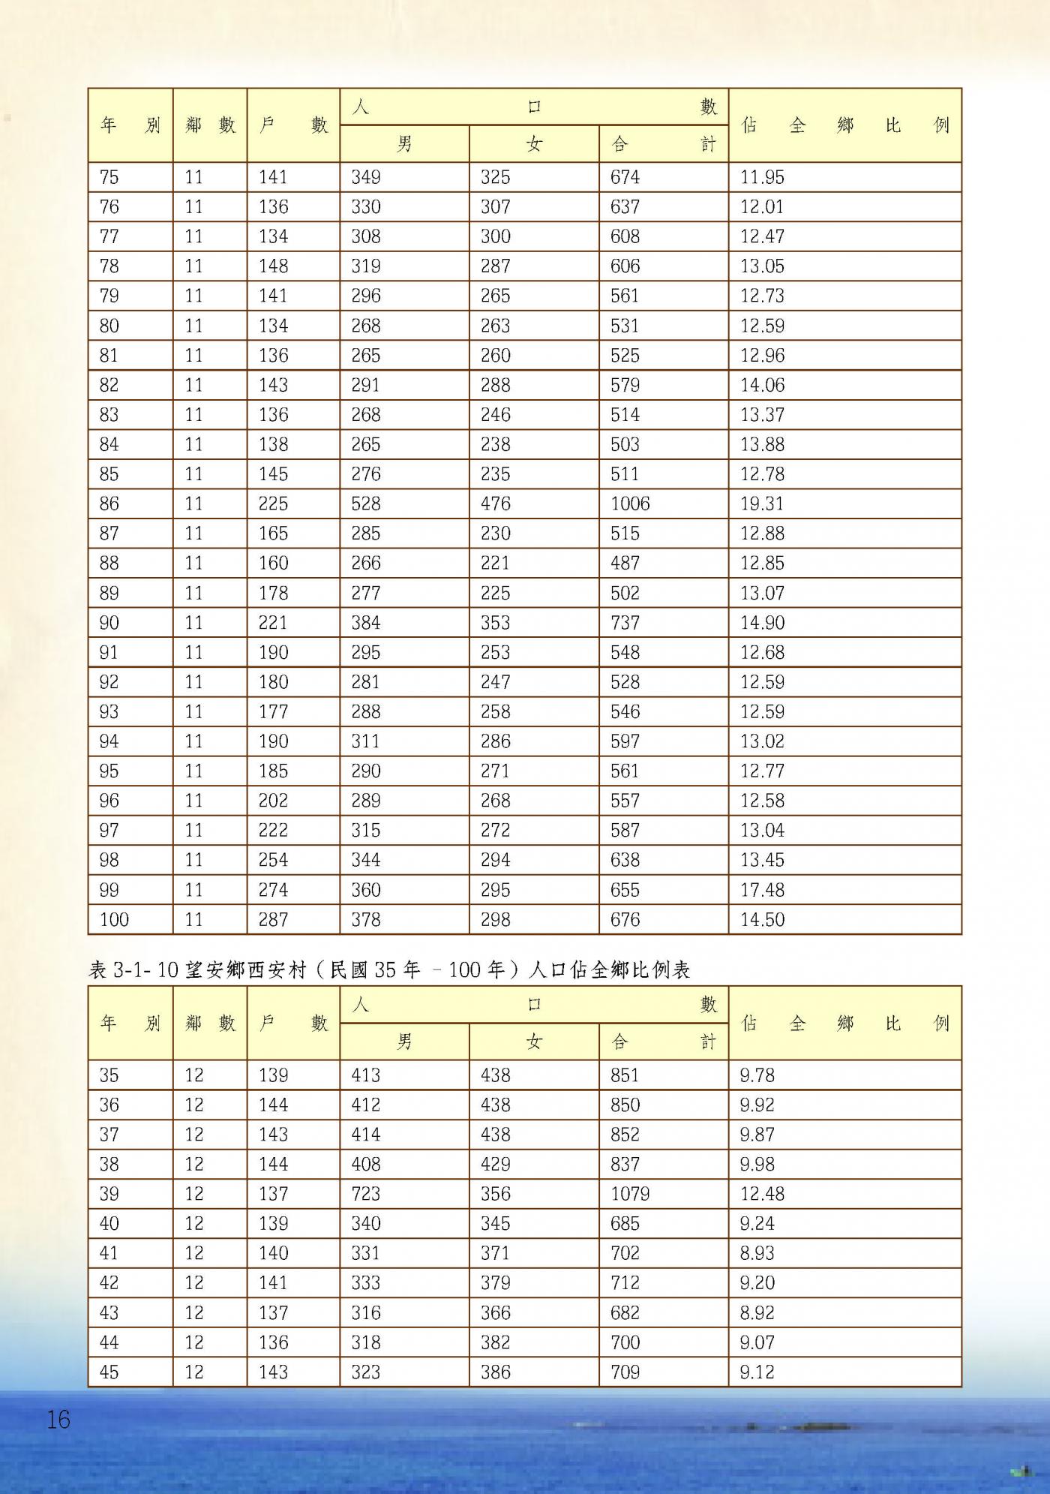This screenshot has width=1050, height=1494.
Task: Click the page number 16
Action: pos(58,1419)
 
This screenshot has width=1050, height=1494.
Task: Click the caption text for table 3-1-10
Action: pos(388,969)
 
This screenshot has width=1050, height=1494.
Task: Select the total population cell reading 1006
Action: pos(630,504)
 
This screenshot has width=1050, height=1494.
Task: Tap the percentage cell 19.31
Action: pos(761,504)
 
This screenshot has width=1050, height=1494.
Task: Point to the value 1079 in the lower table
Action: pos(630,1193)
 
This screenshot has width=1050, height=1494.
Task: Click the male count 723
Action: pos(365,1193)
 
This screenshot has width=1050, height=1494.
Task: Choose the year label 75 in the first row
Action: pos(109,177)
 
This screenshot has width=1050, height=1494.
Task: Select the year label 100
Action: pos(114,919)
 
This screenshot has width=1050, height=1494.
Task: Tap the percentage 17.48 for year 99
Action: pos(762,890)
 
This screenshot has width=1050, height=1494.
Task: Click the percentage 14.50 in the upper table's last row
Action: pos(762,919)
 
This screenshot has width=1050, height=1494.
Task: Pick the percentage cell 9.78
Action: pos(756,1075)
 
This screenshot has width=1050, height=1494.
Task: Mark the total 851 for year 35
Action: pos(625,1075)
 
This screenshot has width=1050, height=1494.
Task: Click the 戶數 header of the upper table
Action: pos(293,125)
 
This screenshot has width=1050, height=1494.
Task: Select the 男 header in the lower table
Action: pos(404,1041)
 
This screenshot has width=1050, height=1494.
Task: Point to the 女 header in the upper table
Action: pos(534,143)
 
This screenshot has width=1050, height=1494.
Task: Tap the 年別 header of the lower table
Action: pos(130,1023)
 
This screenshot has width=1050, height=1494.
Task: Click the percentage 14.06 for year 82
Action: pos(762,385)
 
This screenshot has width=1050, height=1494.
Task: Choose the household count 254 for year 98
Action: pos(273,860)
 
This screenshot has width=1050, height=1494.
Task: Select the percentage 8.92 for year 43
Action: pos(756,1312)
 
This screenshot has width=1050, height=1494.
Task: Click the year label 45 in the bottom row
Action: pos(109,1372)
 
